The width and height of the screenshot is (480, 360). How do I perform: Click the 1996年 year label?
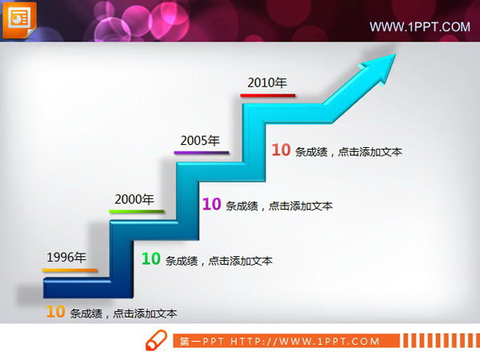66,257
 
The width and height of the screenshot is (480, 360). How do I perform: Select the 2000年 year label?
134,199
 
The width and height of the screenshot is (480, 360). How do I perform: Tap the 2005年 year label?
200,141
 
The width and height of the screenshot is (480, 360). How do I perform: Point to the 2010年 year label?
267,82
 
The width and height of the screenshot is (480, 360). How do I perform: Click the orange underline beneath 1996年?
70,270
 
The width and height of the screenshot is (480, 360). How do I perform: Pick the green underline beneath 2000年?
137,212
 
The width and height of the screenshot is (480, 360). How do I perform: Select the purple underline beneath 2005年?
202,152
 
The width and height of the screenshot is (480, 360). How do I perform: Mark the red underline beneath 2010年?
269,95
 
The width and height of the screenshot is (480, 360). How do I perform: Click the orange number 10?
54,312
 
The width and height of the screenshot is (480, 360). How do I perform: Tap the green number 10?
150,258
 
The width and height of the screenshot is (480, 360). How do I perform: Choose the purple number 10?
211,204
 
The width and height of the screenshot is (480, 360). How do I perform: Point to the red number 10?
280,150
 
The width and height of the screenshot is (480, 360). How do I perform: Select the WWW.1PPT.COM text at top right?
419,27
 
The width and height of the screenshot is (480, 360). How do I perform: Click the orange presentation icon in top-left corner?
20,18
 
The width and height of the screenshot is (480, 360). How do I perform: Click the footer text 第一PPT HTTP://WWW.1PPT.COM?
280,342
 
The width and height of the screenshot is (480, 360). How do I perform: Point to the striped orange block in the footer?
441,341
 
